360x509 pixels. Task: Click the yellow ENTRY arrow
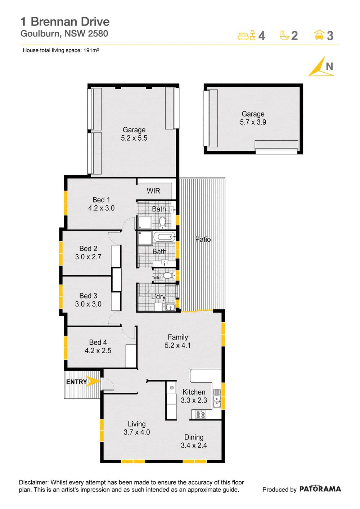[94, 381]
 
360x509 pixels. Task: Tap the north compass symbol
[321, 67]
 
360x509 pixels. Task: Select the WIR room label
[153, 191]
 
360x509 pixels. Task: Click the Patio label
[203, 239]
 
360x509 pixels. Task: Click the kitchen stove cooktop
[201, 415]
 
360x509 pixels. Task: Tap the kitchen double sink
[217, 399]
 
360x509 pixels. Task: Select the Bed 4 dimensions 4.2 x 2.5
[98, 351]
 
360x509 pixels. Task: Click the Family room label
[178, 337]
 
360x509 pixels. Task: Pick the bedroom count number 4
[262, 36]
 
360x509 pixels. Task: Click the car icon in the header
[319, 35]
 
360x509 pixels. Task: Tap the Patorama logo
[320, 489]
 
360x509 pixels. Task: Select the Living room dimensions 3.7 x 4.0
[137, 432]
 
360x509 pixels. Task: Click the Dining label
[194, 437]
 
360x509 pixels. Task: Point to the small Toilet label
[157, 278]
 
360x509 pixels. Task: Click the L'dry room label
[158, 297]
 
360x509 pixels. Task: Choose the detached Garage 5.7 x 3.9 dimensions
[253, 122]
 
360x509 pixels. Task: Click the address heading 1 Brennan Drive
[65, 22]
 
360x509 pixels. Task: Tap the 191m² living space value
[91, 50]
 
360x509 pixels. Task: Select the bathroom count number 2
[294, 36]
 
